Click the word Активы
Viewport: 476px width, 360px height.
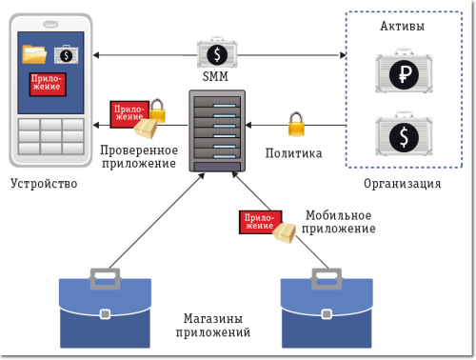click(401, 26)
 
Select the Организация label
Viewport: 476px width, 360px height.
click(402, 183)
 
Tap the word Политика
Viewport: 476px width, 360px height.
click(293, 153)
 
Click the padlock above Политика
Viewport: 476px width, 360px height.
click(295, 124)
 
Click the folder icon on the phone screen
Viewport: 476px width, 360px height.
click(34, 54)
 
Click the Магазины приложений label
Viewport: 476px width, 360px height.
click(214, 326)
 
